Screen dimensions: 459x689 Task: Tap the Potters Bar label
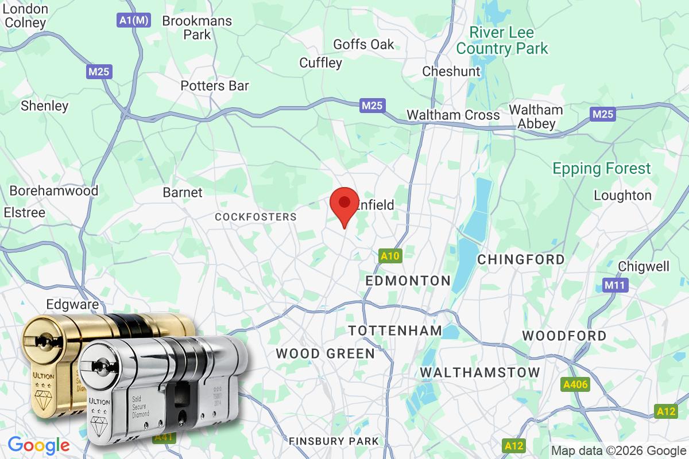215,86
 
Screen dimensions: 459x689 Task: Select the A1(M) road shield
133,20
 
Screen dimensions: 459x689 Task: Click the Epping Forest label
602,169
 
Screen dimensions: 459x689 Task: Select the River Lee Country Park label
502,40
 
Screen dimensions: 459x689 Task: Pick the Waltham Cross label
453,115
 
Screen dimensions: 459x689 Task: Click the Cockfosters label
256,217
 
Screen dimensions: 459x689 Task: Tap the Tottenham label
396,330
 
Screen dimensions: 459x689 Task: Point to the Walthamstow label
480,372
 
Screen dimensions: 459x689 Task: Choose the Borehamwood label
54,190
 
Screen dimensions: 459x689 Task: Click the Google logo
38,445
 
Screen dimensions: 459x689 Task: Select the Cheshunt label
451,72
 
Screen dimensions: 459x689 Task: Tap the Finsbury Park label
334,441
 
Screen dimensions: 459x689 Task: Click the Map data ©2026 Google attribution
618,450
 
